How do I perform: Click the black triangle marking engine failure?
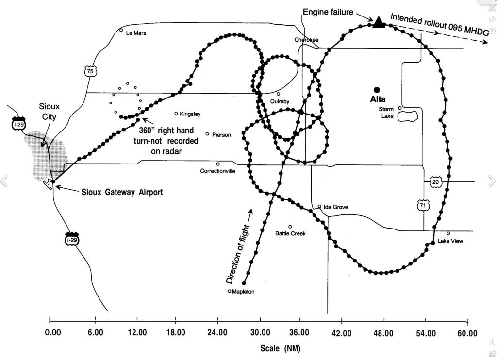tap(379, 22)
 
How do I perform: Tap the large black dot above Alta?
tap(377, 90)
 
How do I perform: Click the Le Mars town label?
tap(136, 33)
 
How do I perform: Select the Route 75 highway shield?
tap(90, 71)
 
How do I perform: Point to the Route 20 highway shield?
tap(435, 182)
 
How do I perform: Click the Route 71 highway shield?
tap(423, 205)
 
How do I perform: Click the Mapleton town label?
tap(243, 292)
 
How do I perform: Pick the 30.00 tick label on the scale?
tap(260, 333)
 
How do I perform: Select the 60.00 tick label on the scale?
tap(467, 333)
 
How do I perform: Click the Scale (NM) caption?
tap(280, 348)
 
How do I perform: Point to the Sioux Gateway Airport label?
tap(122, 192)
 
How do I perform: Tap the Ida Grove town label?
tap(335, 207)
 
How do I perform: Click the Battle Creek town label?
tap(290, 233)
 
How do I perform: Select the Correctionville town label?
tap(217, 171)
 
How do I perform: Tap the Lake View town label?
tap(450, 241)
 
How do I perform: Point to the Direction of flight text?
tap(239, 254)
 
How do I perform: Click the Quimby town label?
tap(280, 101)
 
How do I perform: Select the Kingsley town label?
tap(190, 114)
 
